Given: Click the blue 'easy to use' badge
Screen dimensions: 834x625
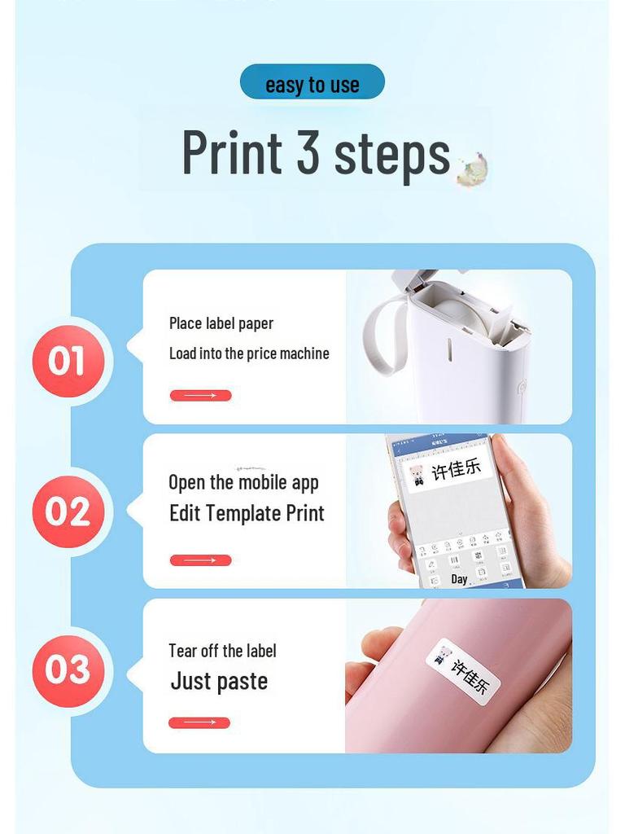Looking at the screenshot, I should click(312, 83).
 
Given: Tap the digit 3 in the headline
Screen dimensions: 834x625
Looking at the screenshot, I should click(308, 151).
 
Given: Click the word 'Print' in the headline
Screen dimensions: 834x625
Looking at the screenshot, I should click(232, 151).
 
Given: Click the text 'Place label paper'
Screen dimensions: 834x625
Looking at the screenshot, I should click(221, 323).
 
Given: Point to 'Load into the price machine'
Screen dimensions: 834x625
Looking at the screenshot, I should click(249, 353).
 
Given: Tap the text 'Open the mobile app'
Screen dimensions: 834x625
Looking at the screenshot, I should click(243, 482).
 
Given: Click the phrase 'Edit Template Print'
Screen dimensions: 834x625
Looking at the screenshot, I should click(247, 514).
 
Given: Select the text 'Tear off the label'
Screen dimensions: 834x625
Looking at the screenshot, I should click(222, 651).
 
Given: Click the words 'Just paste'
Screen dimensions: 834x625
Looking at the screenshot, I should click(219, 682).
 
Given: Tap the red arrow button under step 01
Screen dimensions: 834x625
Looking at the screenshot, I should click(200, 396).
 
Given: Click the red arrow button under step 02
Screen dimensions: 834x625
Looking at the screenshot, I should click(200, 560).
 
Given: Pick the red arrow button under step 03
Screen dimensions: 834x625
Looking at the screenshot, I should click(199, 722).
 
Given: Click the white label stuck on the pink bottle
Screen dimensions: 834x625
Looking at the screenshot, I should click(462, 670).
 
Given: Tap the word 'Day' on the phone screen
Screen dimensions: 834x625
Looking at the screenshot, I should click(460, 579).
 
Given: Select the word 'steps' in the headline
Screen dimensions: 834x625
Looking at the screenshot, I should click(392, 153).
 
